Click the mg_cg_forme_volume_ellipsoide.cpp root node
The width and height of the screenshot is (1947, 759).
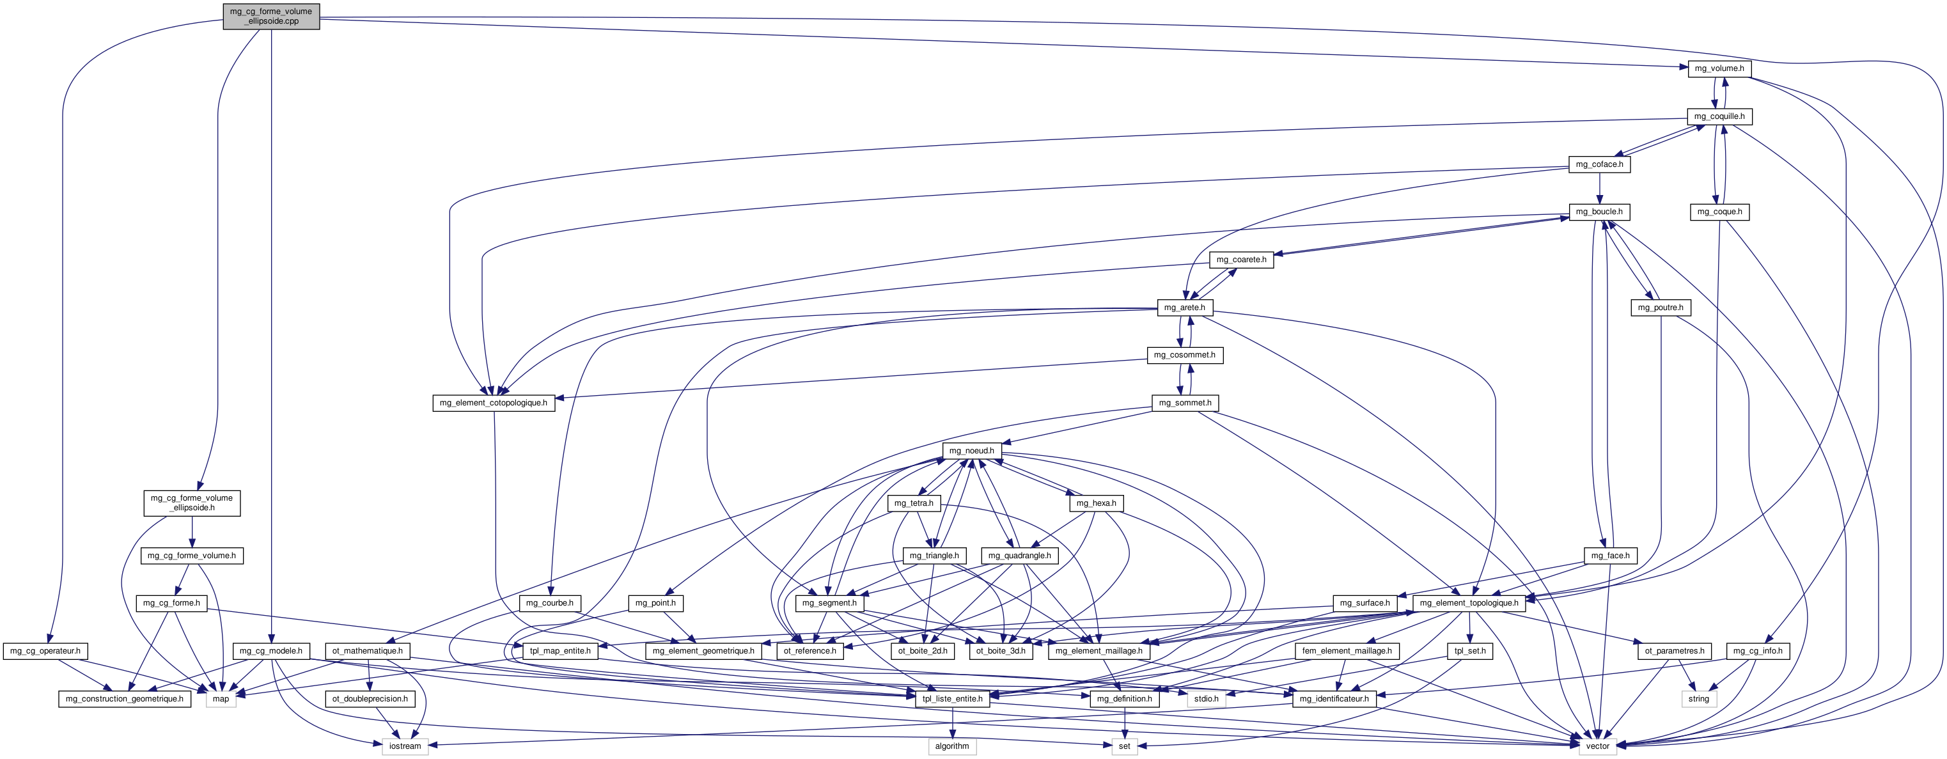(x=270, y=16)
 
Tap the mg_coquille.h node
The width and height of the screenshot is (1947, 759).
(x=1719, y=116)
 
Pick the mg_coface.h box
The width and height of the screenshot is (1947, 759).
(x=1599, y=164)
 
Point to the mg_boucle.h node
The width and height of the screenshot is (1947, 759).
(x=1599, y=212)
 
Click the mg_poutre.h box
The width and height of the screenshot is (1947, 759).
(x=1660, y=308)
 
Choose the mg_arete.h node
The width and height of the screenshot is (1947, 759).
(x=1184, y=308)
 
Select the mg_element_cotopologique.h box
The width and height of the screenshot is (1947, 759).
(x=494, y=403)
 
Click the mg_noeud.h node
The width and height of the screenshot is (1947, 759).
(x=971, y=451)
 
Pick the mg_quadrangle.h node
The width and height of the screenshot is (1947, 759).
(x=1020, y=556)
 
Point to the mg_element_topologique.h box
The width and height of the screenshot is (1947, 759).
(x=1469, y=603)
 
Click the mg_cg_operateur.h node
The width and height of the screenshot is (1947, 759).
(x=46, y=651)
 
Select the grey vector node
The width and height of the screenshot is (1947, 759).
(x=1597, y=746)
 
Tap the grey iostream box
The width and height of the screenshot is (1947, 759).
(x=405, y=746)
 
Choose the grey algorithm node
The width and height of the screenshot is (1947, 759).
(x=951, y=746)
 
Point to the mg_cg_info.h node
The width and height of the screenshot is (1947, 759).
(x=1757, y=651)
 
